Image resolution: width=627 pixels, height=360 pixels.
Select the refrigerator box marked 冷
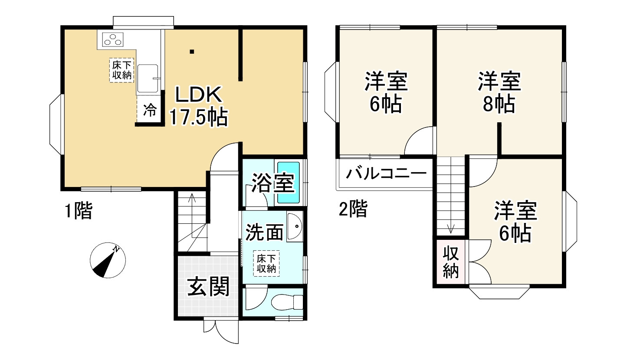coord(150,111)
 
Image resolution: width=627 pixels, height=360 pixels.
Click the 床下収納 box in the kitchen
coord(121,71)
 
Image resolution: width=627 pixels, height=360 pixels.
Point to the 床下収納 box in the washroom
coord(266,263)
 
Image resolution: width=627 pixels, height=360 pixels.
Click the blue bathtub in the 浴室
coord(289,182)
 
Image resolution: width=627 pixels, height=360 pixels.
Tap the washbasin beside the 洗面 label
coord(294,227)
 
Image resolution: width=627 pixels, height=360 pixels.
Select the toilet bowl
coord(287,302)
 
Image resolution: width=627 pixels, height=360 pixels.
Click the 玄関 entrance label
coord(208,287)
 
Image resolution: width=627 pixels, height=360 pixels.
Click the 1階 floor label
coord(78,212)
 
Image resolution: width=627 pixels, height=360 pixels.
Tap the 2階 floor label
coord(353,210)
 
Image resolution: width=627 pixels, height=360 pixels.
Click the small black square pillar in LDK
coord(192,52)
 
